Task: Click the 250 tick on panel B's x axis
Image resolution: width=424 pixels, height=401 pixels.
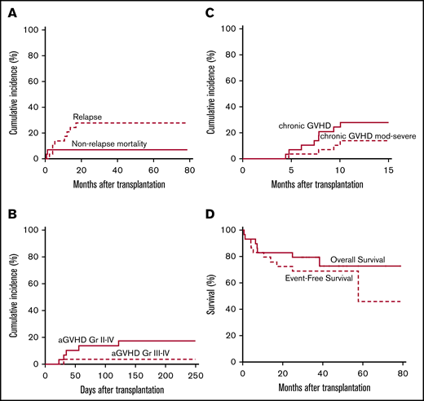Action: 194,374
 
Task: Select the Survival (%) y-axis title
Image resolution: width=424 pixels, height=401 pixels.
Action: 214,297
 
